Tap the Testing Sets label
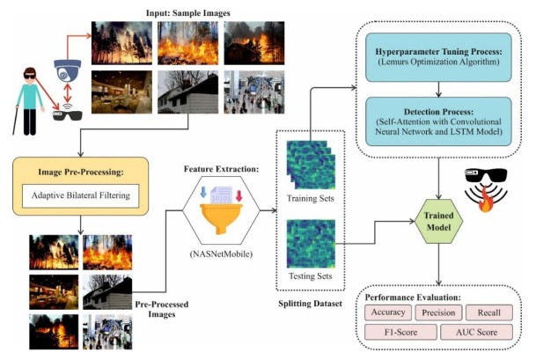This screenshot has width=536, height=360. point(308,276)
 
